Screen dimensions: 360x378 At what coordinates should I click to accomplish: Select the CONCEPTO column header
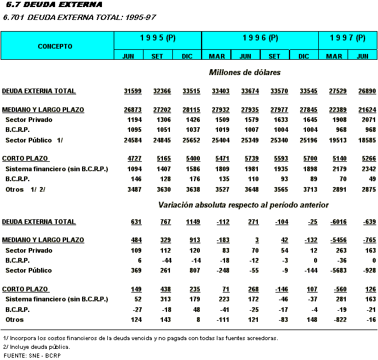coord(55,46)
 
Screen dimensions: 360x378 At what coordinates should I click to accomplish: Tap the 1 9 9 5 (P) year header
coord(158,38)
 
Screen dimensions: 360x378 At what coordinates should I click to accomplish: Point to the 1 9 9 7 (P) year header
coord(348,38)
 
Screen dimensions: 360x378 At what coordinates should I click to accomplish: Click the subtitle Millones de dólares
coord(244,73)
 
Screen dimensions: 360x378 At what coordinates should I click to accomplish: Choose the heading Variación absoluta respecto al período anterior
coord(243,205)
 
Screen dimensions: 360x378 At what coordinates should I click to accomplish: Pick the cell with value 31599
coord(133,91)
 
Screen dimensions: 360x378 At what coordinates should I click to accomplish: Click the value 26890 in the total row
coord(362,91)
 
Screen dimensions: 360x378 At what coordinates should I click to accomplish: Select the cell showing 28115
coord(191,110)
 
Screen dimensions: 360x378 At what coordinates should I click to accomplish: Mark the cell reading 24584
coord(133,141)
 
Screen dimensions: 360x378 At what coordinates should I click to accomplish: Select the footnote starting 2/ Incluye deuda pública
coord(36,347)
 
